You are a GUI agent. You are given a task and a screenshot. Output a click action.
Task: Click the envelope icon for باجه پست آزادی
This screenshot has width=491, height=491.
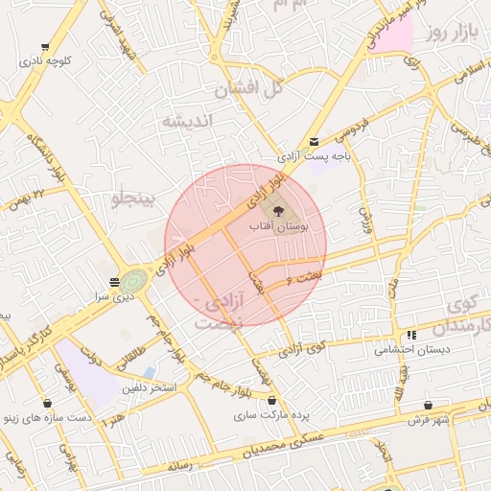(x=314, y=142)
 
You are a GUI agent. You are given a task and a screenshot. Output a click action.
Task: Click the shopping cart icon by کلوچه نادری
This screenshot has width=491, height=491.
(x=45, y=46)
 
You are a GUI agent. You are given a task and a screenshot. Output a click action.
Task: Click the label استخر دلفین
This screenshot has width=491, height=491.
(x=148, y=387)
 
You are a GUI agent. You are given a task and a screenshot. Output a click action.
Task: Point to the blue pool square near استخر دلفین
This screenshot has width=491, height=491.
(x=148, y=372)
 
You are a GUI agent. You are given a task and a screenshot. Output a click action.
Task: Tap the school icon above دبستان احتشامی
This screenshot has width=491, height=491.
(x=410, y=336)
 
